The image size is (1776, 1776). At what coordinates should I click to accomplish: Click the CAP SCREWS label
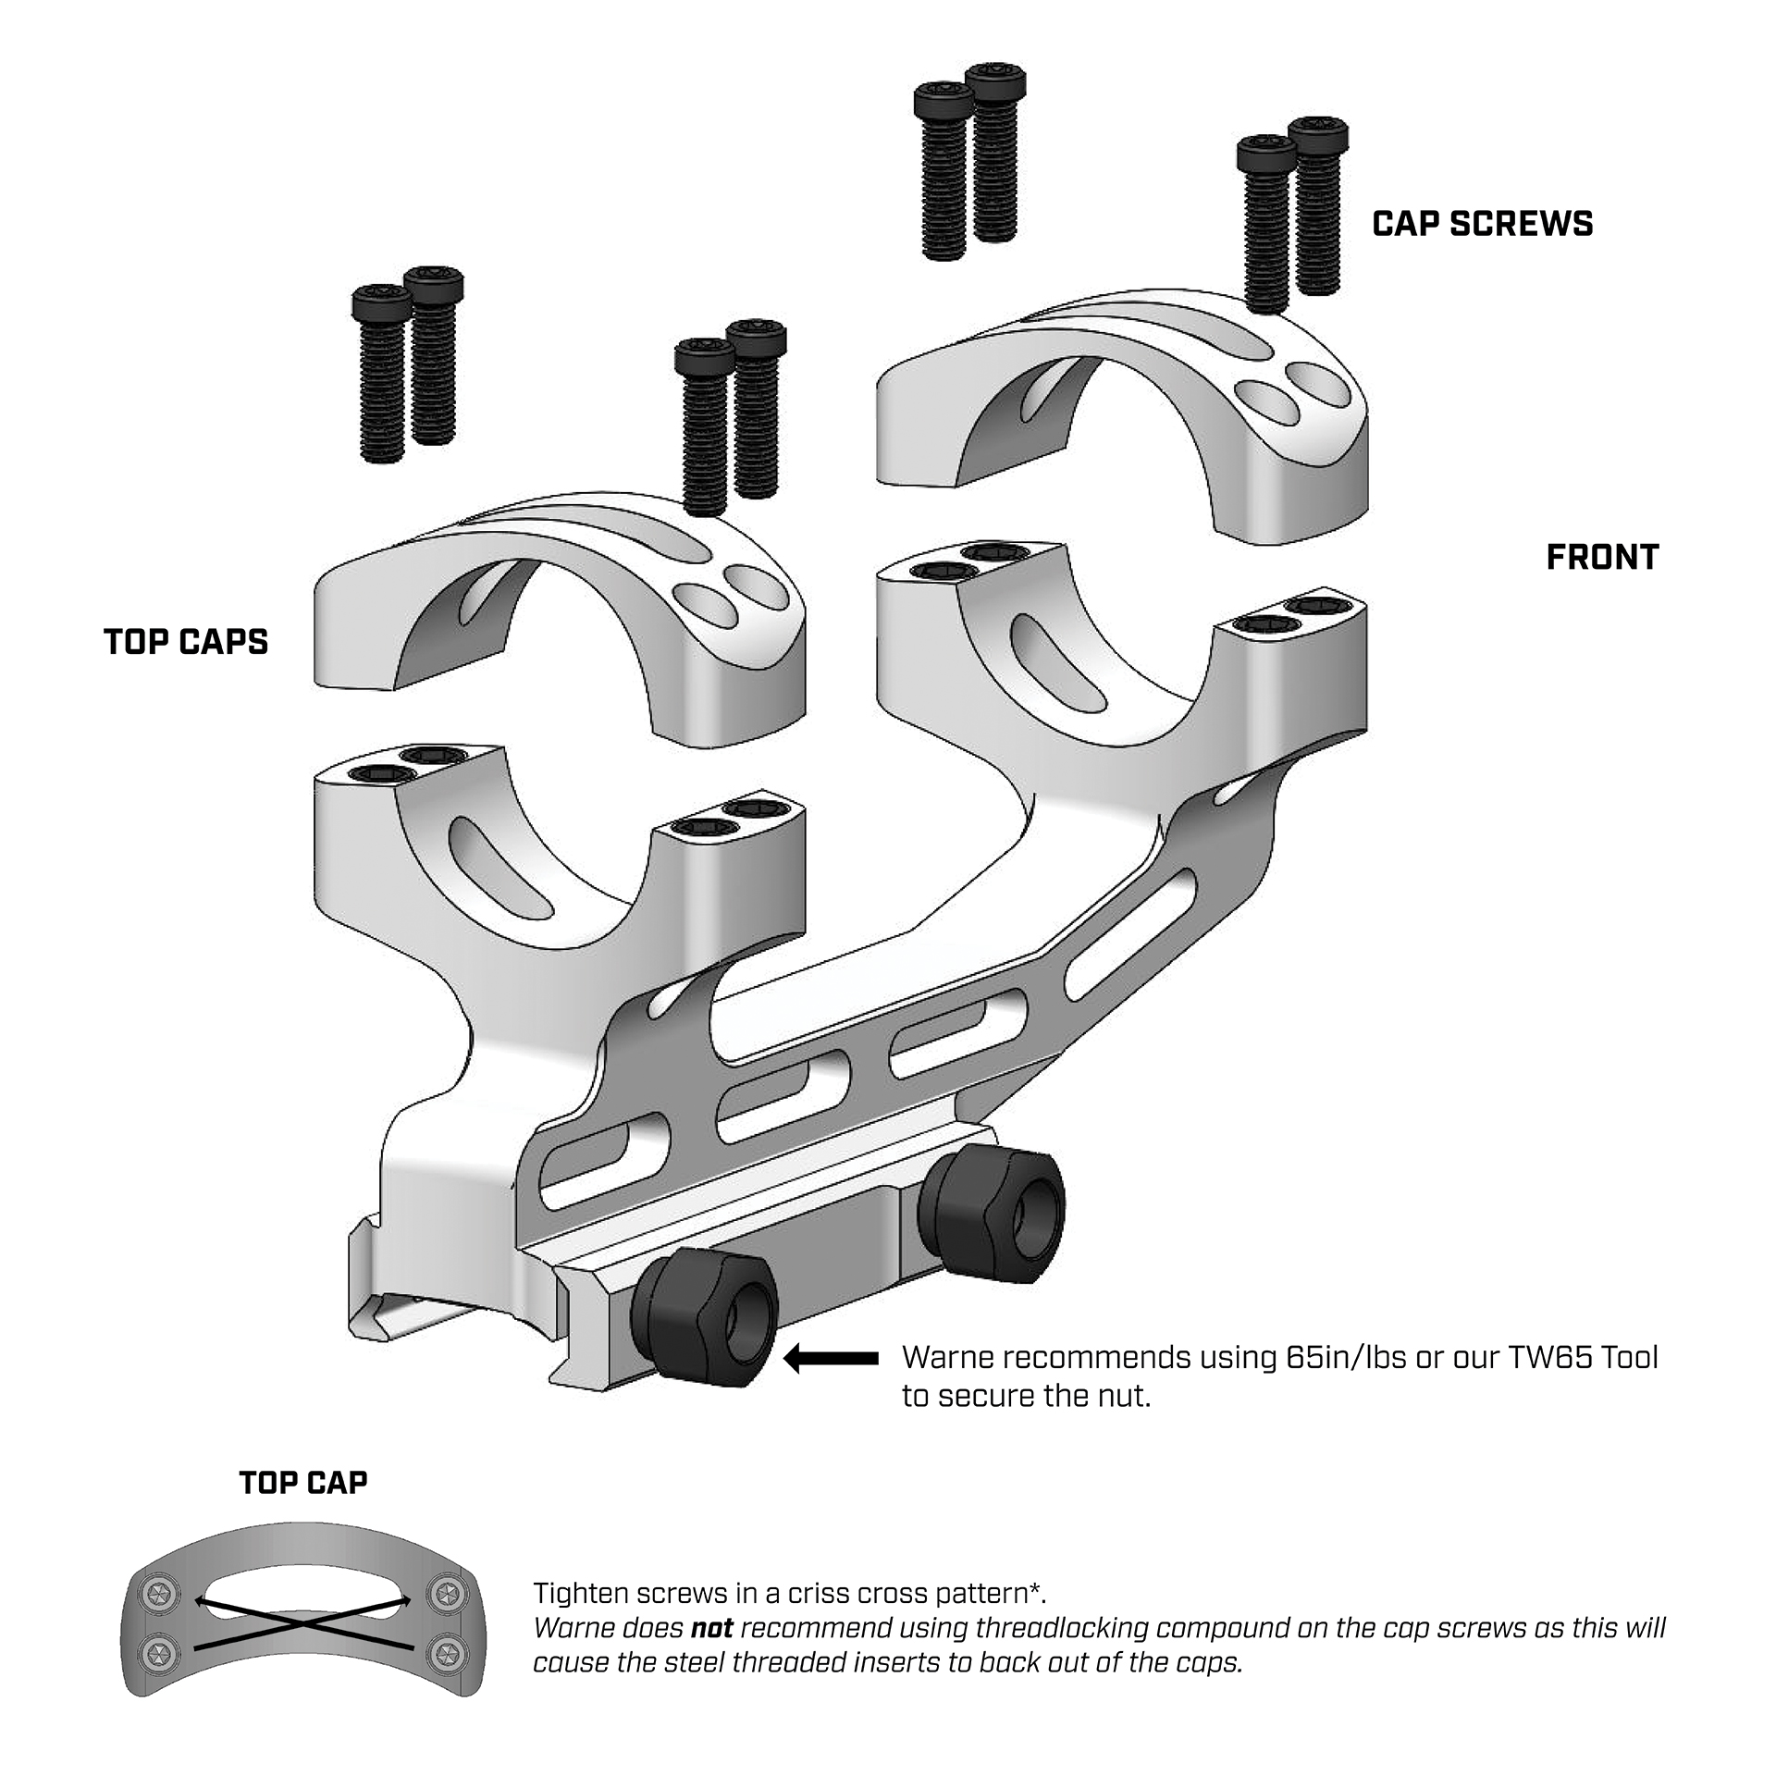[1482, 224]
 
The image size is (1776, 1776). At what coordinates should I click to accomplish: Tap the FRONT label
[1602, 557]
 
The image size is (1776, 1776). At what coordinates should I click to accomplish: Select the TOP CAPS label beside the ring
[186, 642]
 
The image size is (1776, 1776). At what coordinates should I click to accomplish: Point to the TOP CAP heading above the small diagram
[303, 1483]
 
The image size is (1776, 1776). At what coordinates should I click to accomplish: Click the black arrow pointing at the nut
[831, 1359]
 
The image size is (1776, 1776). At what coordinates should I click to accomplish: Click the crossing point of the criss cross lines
[303, 1623]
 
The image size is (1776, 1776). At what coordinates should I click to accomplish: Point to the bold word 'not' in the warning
[711, 1628]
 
